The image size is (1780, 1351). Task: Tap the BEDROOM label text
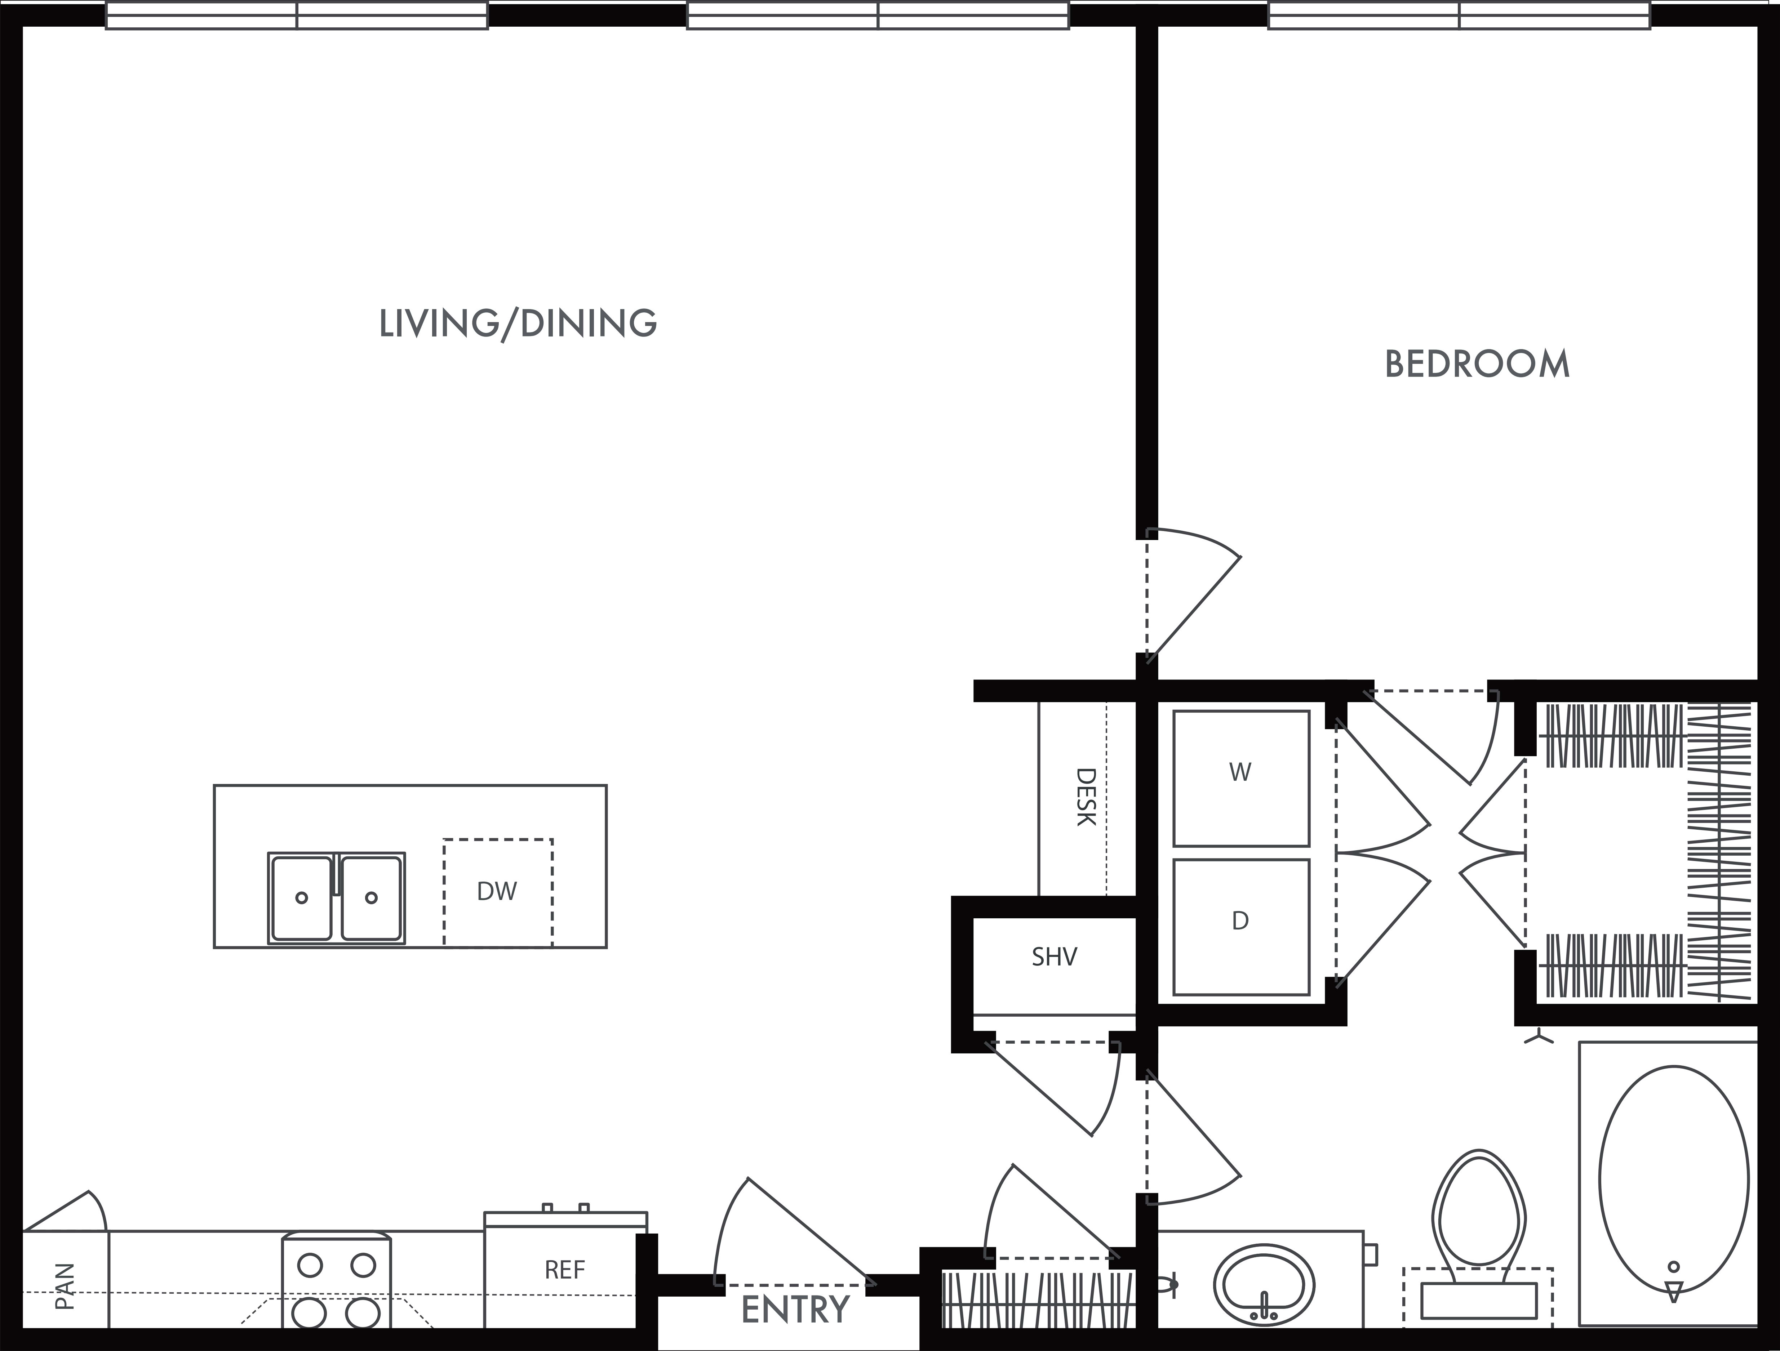click(1477, 365)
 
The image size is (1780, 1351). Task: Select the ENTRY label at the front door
click(794, 1309)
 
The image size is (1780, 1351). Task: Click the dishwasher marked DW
click(497, 892)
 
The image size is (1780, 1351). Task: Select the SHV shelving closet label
click(1054, 957)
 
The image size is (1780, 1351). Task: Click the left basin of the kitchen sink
click(302, 897)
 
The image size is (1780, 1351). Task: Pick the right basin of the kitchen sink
click(371, 897)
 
